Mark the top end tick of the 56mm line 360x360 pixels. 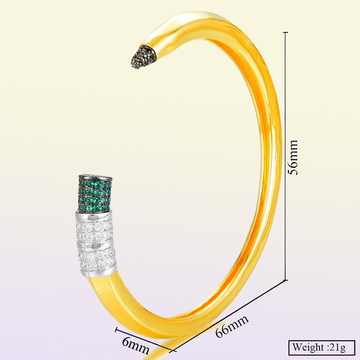click(x=285, y=32)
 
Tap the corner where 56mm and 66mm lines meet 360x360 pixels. click(x=285, y=280)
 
